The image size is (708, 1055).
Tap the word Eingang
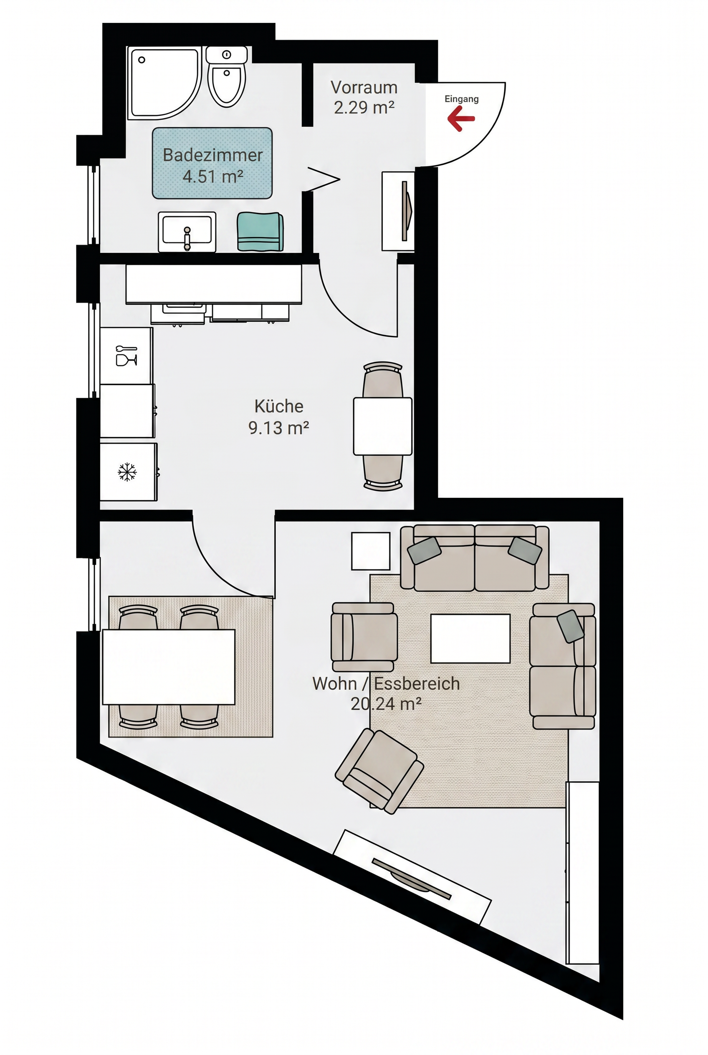pos(461,99)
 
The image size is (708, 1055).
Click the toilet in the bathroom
pos(227,77)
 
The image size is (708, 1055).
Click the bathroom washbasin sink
pos(187,232)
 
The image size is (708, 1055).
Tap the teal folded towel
pos(260,232)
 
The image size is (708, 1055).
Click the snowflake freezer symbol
pos(127,472)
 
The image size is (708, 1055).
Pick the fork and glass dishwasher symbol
pos(126,356)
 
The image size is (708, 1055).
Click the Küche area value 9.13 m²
pos(278,427)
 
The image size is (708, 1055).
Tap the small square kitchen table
pos(382,426)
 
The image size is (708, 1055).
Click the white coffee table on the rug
pos(470,639)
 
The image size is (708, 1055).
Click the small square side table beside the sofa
pos(371,551)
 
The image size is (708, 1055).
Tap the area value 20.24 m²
pos(386,704)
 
